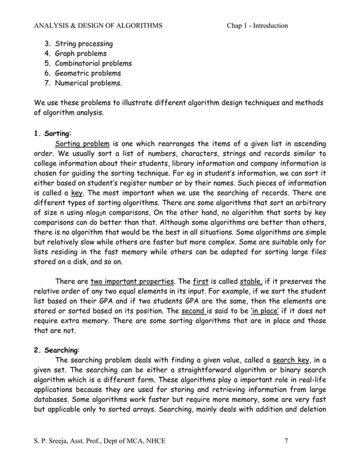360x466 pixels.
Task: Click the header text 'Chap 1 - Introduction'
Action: tap(257, 25)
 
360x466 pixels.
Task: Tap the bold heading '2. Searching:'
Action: tap(57, 350)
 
